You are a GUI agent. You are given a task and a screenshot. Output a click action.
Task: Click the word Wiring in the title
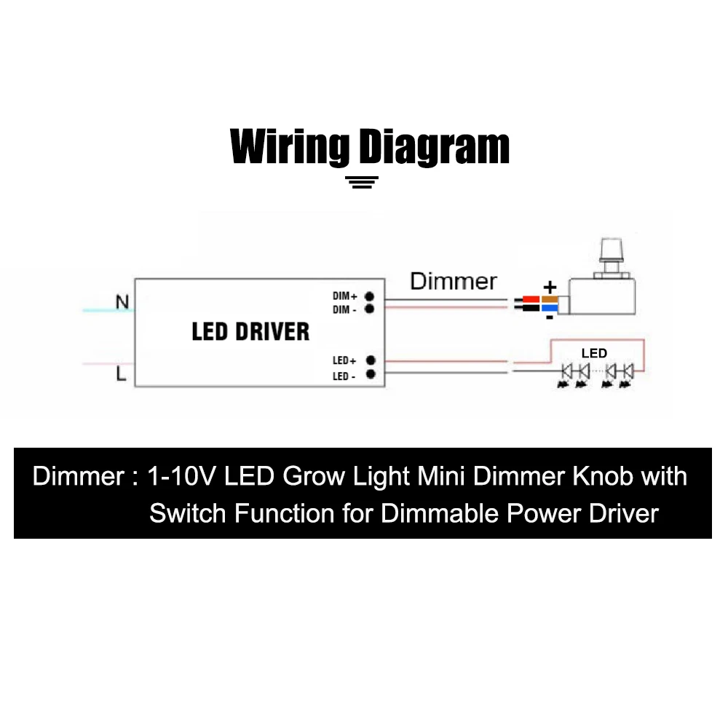tap(290, 146)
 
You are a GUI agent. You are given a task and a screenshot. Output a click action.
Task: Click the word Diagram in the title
tap(435, 146)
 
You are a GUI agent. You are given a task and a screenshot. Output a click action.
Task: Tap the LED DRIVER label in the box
tap(250, 332)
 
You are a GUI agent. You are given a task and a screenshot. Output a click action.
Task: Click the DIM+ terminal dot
tap(370, 296)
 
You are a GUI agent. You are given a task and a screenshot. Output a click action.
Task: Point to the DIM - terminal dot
tap(370, 309)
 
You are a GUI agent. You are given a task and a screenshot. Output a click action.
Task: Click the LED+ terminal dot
tap(371, 360)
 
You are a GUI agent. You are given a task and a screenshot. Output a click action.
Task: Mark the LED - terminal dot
tap(371, 374)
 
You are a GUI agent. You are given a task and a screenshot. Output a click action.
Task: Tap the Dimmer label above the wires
tap(454, 282)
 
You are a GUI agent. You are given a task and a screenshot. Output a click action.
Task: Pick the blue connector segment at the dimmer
tap(550, 308)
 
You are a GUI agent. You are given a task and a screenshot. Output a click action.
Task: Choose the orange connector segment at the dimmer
tap(549, 299)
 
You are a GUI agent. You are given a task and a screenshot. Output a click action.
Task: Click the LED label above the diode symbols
tap(594, 354)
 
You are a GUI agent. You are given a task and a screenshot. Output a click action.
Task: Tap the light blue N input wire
tap(109, 310)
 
